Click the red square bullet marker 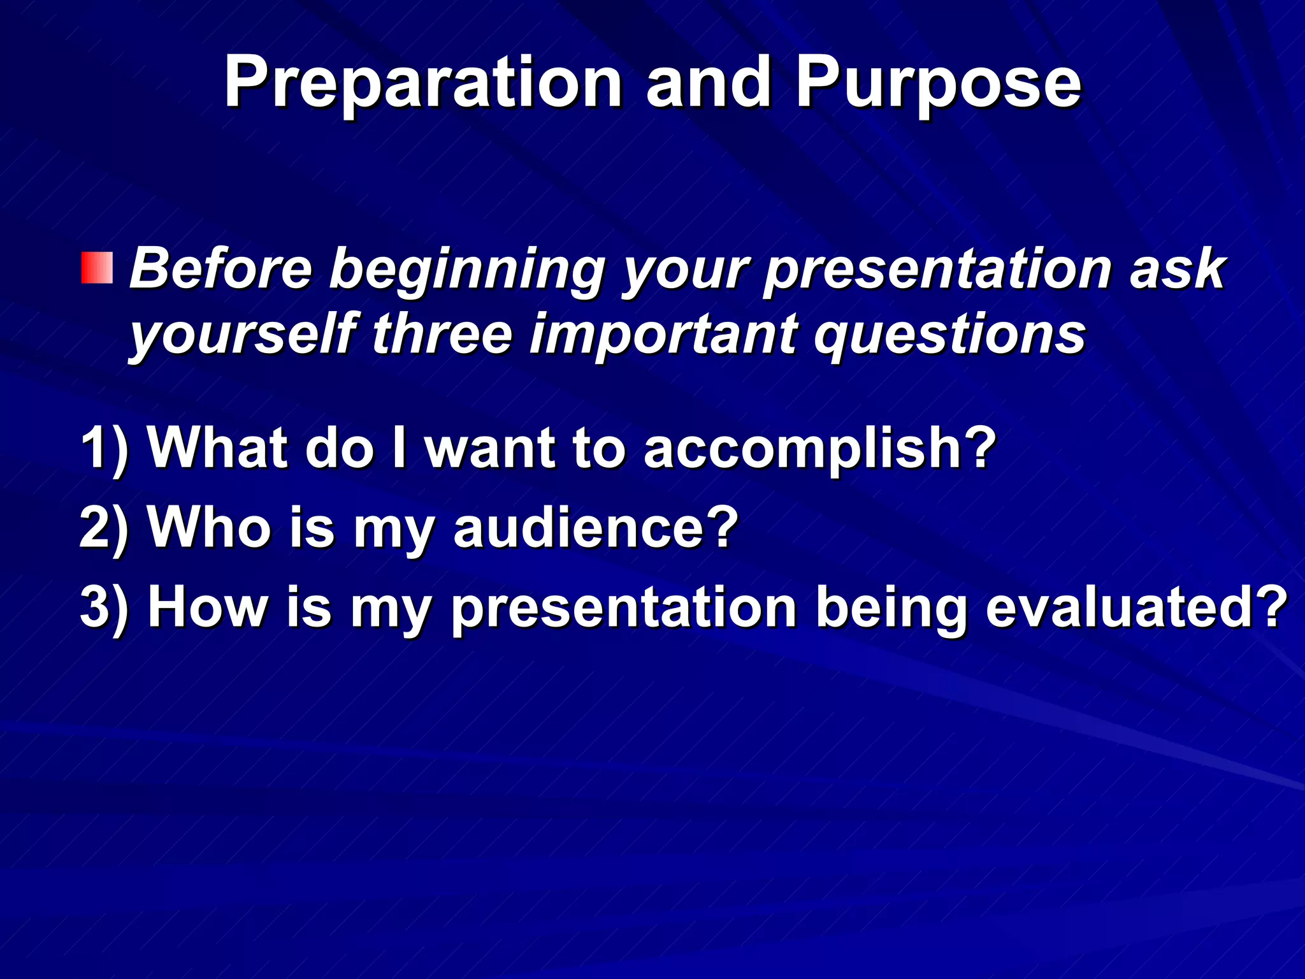point(97,268)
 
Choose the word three point(442,334)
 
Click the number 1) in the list point(105,448)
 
